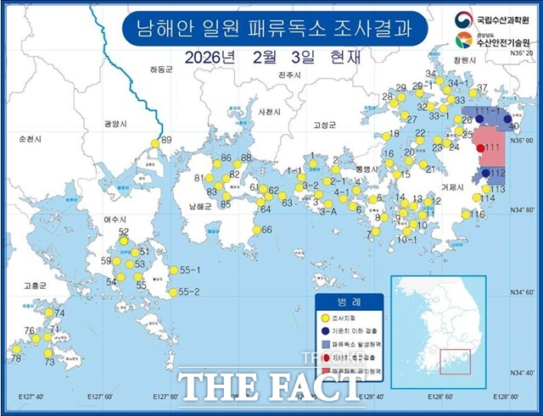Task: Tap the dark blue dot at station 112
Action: point(484,174)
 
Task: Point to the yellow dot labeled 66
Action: point(256,230)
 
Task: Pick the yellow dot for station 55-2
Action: point(172,292)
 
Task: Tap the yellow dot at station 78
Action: point(14,348)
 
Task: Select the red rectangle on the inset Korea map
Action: point(456,362)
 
